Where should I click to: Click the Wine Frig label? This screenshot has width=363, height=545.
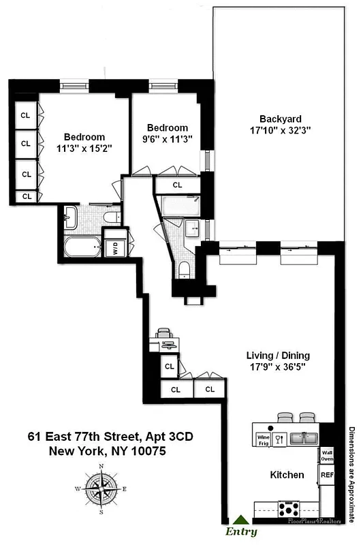point(263,440)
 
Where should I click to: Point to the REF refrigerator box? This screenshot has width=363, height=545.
point(327,474)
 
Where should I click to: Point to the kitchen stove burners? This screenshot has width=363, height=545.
point(291,508)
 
